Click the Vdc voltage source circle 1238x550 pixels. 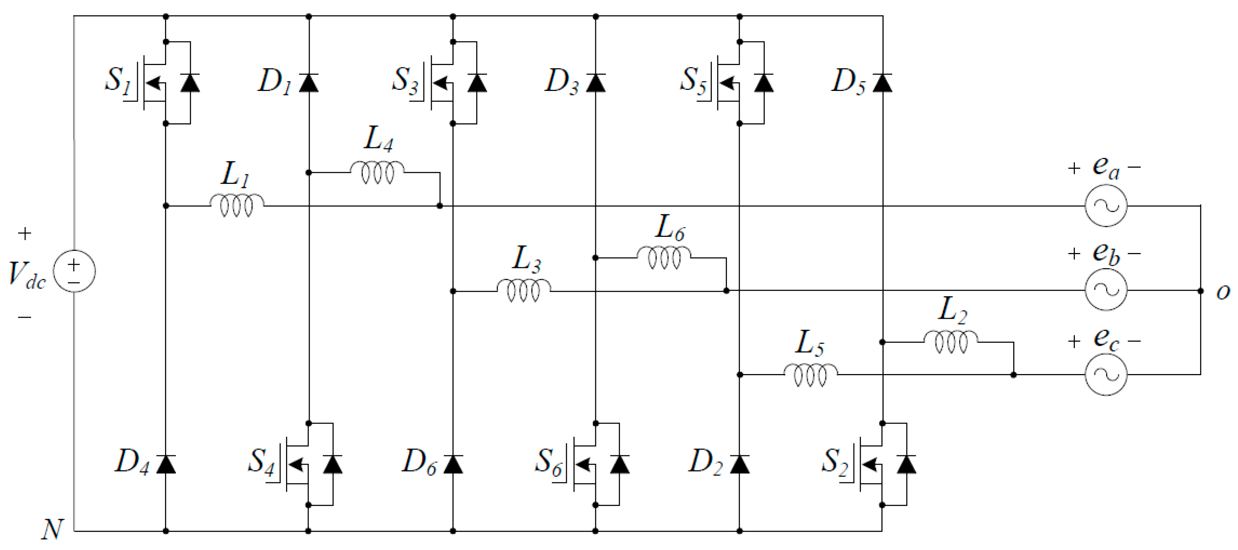pyautogui.click(x=74, y=271)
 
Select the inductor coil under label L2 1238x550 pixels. pyautogui.click(x=950, y=342)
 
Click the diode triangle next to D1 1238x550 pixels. pyautogui.click(x=309, y=83)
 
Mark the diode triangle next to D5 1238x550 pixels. pyautogui.click(x=882, y=83)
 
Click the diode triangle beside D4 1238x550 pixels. pyautogui.click(x=166, y=464)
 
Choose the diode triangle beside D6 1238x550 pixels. pyautogui.click(x=453, y=464)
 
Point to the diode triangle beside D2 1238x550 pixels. pyautogui.click(x=740, y=464)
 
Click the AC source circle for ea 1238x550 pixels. pyautogui.click(x=1106, y=206)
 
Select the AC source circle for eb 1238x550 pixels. pyautogui.click(x=1106, y=290)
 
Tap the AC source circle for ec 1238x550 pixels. pyautogui.click(x=1106, y=374)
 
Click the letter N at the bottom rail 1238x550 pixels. pyautogui.click(x=52, y=530)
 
